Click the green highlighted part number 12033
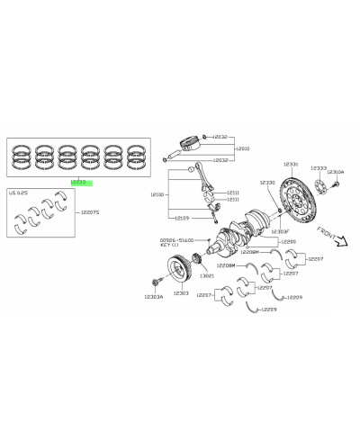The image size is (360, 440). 81,180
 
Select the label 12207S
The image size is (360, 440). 90,212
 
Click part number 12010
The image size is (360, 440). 242,148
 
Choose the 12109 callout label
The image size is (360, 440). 183,218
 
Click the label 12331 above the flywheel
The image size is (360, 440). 291,165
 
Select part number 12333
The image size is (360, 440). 318,168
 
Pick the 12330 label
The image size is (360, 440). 267,183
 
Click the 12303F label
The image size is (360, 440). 279,231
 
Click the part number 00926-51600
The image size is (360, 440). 176,240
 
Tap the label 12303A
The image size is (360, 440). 153,295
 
